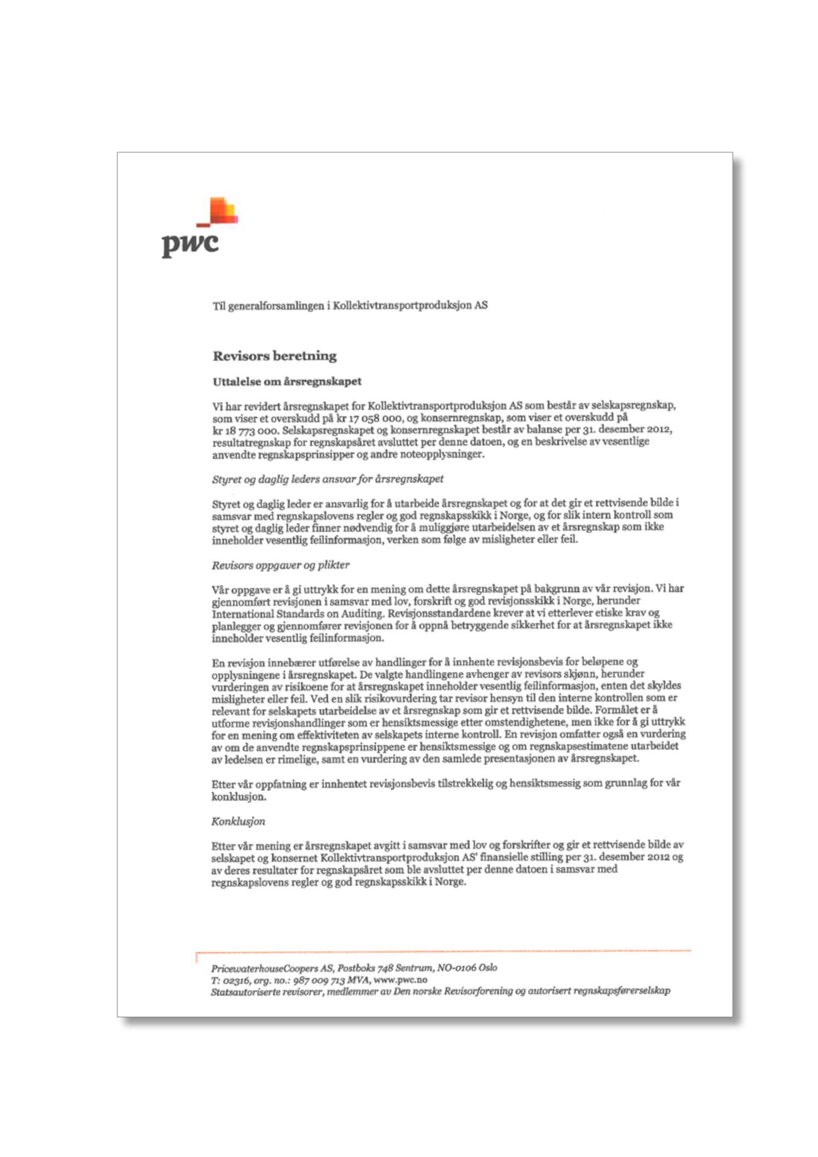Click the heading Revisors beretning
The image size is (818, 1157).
point(274,356)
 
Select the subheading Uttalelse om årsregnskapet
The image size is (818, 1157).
point(286,382)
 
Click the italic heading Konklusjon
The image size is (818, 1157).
point(238,821)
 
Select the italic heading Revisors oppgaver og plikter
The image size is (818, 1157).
point(280,565)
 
